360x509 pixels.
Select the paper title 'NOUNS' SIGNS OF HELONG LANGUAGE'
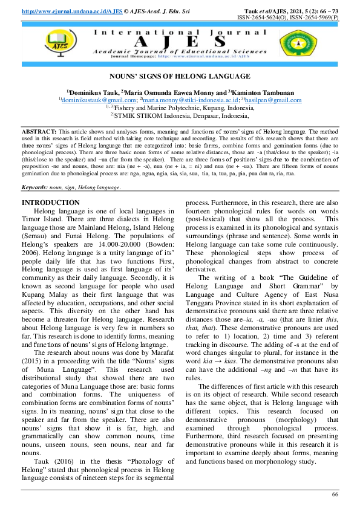coord(179,76)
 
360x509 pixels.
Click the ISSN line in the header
coord(296,18)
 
